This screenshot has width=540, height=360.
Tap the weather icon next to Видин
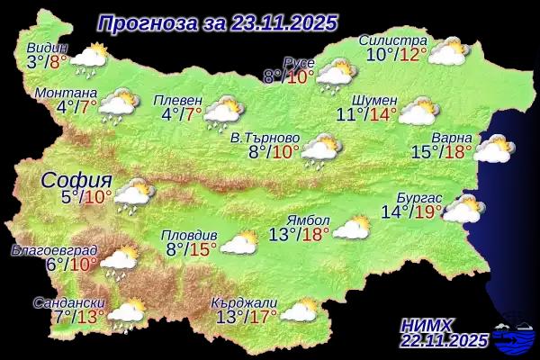point(89,59)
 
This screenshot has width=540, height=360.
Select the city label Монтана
point(64,93)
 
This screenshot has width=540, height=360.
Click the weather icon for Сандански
point(127,312)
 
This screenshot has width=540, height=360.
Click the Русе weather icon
point(334,75)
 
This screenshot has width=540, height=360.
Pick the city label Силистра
point(392,40)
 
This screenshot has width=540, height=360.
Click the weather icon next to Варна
point(494,148)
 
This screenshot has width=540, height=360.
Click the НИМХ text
point(428,322)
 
